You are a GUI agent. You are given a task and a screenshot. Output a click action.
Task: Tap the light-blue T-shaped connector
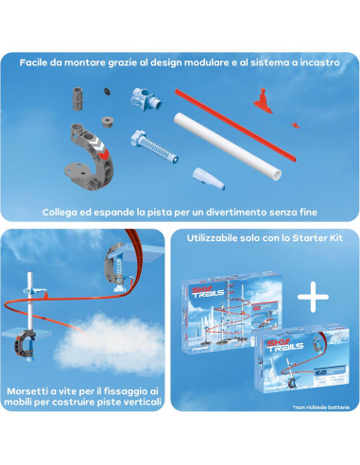click(146, 98)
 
